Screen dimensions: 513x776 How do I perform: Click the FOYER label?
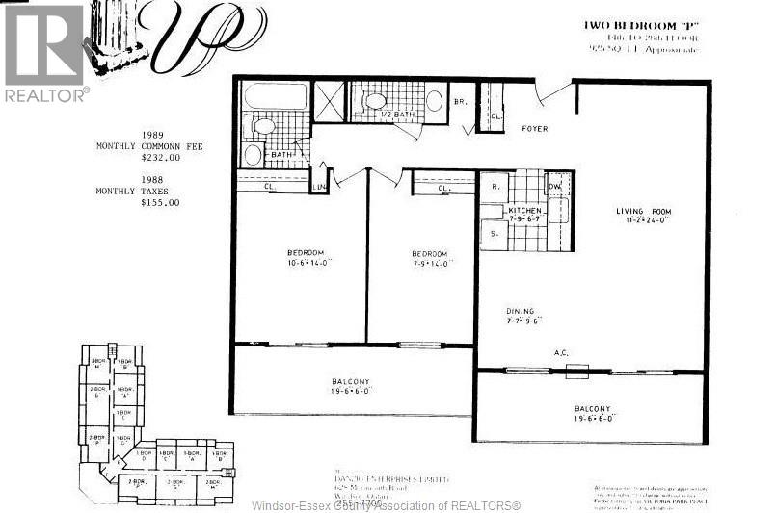535,128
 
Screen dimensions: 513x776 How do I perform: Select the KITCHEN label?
526,210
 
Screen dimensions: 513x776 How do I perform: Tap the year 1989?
153,136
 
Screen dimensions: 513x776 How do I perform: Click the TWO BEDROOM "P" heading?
628,25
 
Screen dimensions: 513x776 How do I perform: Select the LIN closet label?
318,186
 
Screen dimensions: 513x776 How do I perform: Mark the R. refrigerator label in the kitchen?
494,187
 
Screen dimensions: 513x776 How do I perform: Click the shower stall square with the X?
330,99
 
